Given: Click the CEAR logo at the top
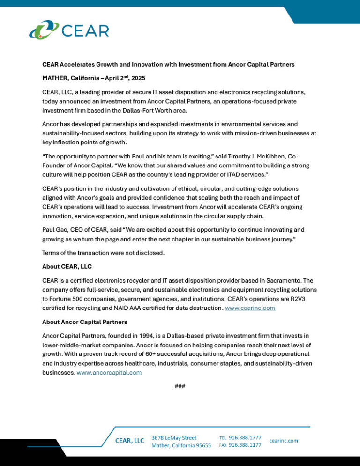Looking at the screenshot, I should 69,30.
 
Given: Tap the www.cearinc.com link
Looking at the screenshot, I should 250,308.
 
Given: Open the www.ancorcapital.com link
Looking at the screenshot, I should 109,372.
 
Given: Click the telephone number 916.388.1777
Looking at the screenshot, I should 245,437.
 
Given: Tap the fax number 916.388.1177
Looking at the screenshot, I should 245,445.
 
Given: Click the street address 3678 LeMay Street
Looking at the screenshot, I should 174,437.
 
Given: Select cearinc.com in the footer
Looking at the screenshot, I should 284,441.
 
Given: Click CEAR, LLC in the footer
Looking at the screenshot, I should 130,441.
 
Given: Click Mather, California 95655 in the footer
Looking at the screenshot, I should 181,446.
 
